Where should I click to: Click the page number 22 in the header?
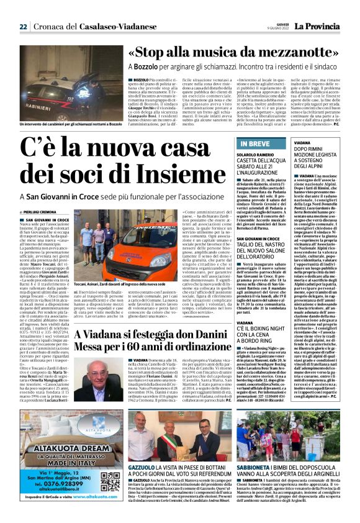pyautogui.click(x=23, y=27)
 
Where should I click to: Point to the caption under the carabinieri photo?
pyautogui.click(x=64, y=124)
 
